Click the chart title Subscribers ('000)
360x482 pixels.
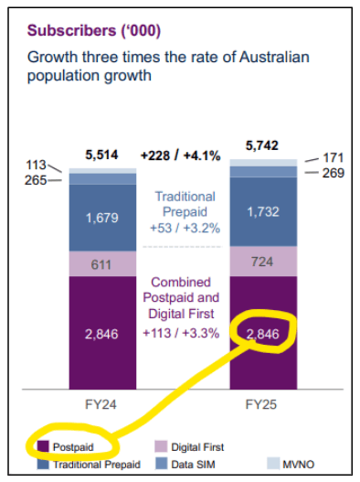coord(94,31)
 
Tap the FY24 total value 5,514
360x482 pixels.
coord(101,155)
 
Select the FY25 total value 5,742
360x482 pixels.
coord(262,145)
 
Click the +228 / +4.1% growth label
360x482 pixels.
coord(180,155)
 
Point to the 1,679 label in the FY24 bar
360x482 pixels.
coord(102,218)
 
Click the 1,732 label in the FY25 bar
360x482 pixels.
coord(263,212)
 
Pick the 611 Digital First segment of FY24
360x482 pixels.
coord(101,264)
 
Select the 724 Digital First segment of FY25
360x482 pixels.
coord(262,262)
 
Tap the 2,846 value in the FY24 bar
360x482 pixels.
coord(101,334)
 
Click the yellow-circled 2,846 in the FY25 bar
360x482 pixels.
coord(263,334)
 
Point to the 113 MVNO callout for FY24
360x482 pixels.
coord(36,165)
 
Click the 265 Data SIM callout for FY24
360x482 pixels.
coord(36,180)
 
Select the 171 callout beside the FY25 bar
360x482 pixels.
coord(333,158)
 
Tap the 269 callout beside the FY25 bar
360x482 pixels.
coord(334,173)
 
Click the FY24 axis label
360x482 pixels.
coord(101,404)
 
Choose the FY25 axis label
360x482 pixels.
coord(261,404)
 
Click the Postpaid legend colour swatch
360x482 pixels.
coord(43,446)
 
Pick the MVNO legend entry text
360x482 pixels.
coord(299,465)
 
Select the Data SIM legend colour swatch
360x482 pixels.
coord(162,464)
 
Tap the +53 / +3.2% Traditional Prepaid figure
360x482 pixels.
coord(185,229)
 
